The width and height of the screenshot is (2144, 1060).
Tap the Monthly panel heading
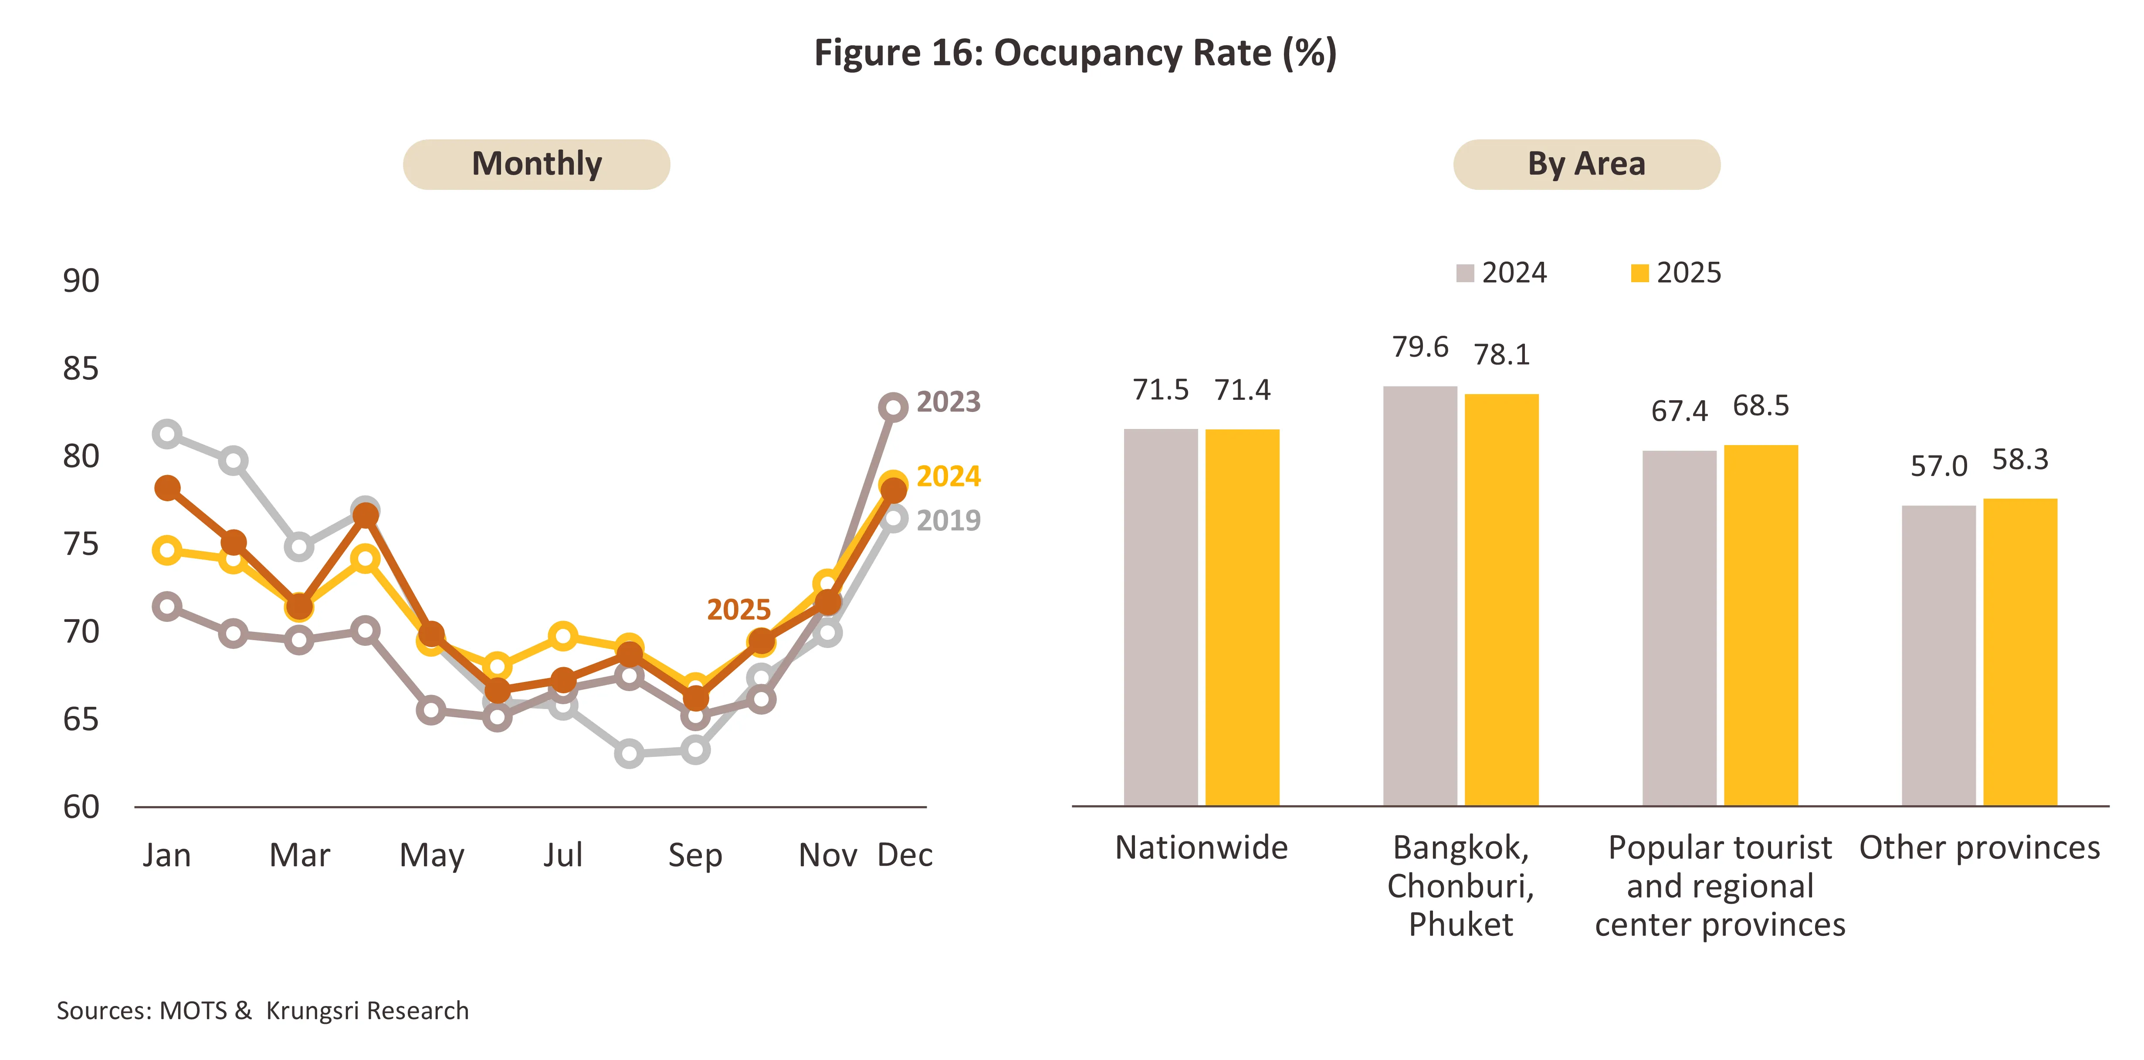pyautogui.click(x=537, y=164)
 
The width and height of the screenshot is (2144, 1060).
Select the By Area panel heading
pyautogui.click(x=1586, y=164)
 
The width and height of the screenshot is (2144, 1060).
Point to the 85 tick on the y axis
pyautogui.click(x=81, y=368)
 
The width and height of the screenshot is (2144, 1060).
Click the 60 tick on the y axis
pyautogui.click(x=81, y=807)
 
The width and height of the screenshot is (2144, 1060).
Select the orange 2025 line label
pyautogui.click(x=738, y=610)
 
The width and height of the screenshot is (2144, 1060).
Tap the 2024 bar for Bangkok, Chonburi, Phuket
pyautogui.click(x=1420, y=596)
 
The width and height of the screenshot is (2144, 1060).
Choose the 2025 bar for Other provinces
pyautogui.click(x=2020, y=652)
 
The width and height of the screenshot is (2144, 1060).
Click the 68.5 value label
pyautogui.click(x=1760, y=406)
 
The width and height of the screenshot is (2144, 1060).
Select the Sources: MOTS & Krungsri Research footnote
pyautogui.click(x=262, y=1011)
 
